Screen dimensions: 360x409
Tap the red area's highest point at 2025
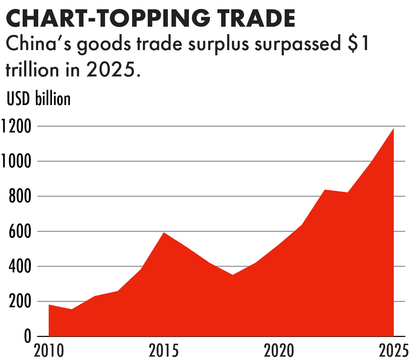click(393, 129)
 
